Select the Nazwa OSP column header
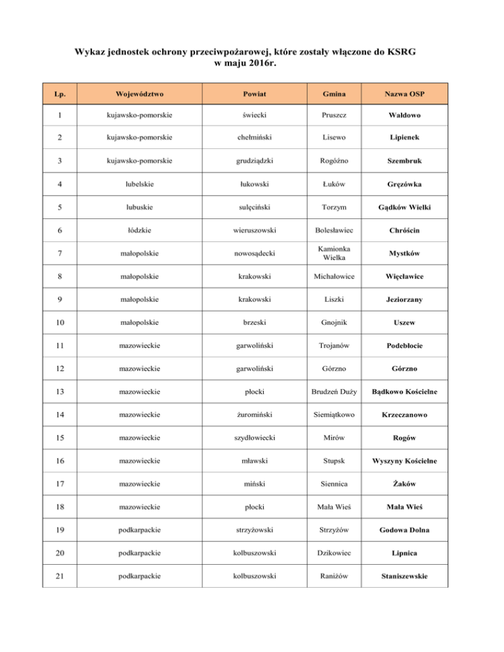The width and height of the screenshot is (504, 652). [x=404, y=93]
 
